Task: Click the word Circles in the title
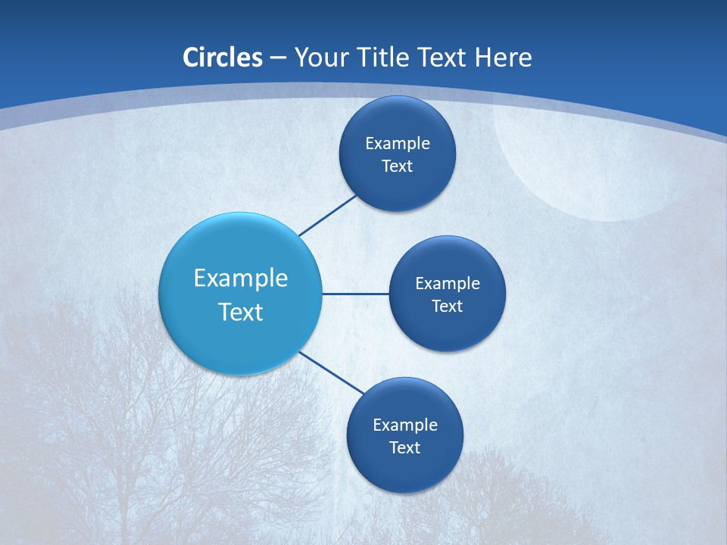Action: click(x=222, y=58)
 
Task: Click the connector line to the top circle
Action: click(x=327, y=216)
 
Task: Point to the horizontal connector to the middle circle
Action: click(x=355, y=294)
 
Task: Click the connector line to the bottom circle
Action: click(x=332, y=372)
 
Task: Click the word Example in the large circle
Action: click(x=240, y=278)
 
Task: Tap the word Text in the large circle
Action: click(x=240, y=312)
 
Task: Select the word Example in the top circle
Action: click(x=397, y=144)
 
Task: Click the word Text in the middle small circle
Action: click(x=447, y=307)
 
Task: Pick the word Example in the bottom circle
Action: click(x=404, y=425)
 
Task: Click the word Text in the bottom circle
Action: click(x=404, y=448)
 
